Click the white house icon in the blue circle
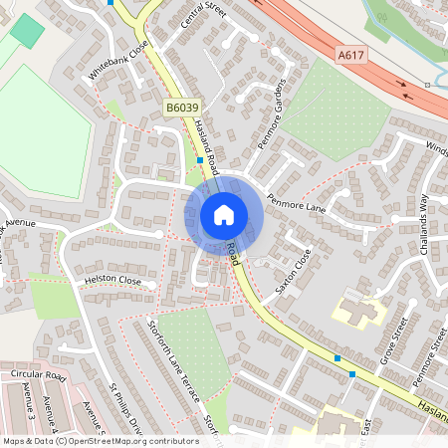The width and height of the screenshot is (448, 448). (x=224, y=214)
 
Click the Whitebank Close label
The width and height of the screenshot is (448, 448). (x=118, y=60)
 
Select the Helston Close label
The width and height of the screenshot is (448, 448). (x=112, y=281)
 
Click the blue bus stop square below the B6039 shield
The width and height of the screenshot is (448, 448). (x=200, y=159)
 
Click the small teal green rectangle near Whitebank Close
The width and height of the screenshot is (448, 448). (x=28, y=31)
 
